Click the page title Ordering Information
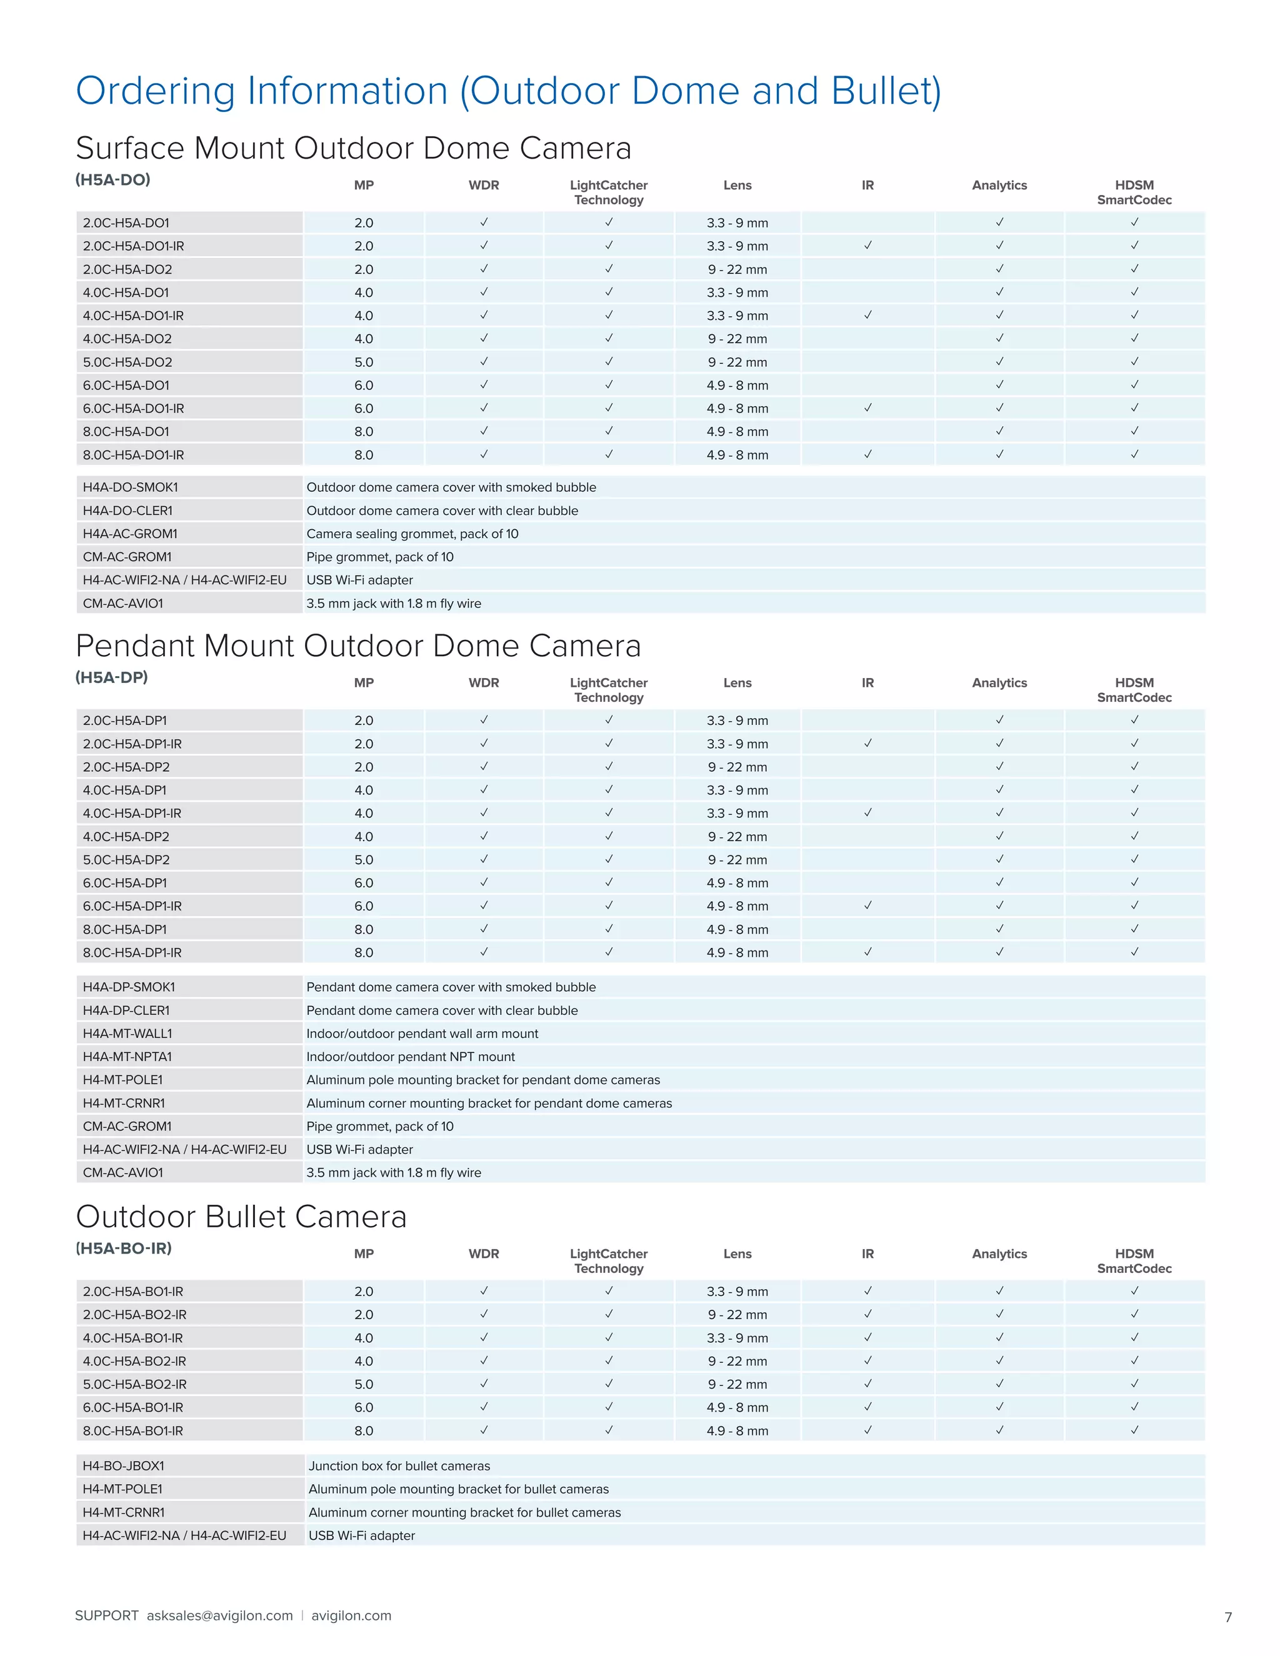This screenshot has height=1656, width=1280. click(508, 91)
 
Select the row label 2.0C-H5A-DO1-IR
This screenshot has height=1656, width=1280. click(134, 246)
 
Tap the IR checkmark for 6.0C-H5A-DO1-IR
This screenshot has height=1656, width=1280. click(867, 408)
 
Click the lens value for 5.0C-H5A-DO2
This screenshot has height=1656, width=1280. click(737, 362)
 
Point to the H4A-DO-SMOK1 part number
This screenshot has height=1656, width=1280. click(131, 487)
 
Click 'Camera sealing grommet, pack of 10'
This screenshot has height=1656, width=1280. click(412, 534)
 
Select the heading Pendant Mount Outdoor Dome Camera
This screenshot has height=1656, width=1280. click(358, 646)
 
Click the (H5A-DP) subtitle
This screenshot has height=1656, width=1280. click(111, 677)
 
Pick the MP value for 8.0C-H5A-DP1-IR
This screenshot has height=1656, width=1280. click(363, 952)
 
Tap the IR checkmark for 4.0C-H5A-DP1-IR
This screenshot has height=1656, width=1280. click(867, 813)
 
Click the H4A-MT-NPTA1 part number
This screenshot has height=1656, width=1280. click(127, 1056)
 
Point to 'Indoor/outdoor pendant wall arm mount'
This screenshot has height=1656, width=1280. click(422, 1034)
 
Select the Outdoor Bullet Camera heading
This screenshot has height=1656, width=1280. click(241, 1217)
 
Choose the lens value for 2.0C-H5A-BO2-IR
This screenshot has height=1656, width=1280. click(737, 1314)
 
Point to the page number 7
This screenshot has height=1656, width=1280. click(1227, 1617)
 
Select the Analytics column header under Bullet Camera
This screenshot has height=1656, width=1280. click(999, 1254)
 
